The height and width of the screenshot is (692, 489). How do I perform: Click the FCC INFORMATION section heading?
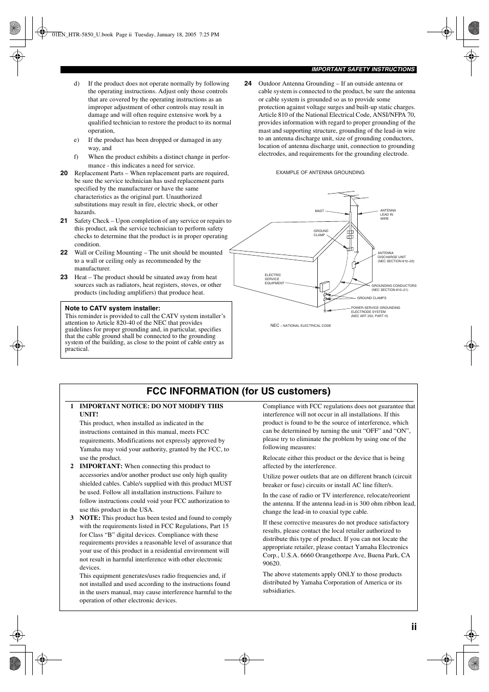point(238,391)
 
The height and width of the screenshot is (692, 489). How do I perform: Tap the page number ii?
point(413,627)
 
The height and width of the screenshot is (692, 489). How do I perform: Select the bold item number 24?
point(248,83)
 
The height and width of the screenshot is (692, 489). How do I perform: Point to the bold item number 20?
point(64,173)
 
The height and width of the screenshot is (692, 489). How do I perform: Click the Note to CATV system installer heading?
point(113,308)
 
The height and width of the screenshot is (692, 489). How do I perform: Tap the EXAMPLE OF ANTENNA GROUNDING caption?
point(320,173)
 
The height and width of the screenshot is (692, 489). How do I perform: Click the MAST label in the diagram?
point(319,211)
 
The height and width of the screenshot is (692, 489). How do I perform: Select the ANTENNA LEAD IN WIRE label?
point(388,215)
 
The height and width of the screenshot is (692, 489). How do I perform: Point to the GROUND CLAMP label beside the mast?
point(321,233)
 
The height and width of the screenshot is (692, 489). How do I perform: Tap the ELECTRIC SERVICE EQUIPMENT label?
point(274,279)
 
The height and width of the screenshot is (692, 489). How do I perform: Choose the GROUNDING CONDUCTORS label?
point(394,287)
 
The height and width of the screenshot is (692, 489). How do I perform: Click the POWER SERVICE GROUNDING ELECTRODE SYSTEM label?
point(375,312)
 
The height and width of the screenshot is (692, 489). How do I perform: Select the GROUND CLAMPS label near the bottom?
point(372,298)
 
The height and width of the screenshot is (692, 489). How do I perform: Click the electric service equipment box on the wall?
point(324,286)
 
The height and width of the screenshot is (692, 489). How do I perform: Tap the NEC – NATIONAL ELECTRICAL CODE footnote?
point(300,325)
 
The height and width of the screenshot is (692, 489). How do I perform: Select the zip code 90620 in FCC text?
point(272,563)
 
